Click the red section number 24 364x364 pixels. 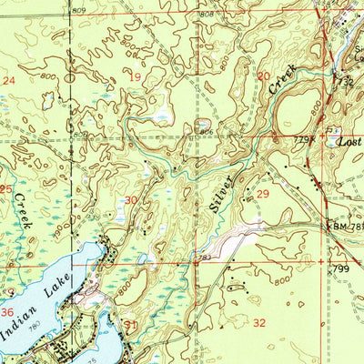[10, 81]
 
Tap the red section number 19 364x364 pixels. [136, 78]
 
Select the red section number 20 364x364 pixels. [263, 77]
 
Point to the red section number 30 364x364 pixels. [132, 199]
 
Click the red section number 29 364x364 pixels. [264, 195]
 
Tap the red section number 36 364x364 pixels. [7, 312]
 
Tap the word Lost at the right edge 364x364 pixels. [349, 143]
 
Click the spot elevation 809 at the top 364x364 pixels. [80, 9]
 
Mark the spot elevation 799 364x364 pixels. [341, 269]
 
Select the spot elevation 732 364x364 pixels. [347, 82]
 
